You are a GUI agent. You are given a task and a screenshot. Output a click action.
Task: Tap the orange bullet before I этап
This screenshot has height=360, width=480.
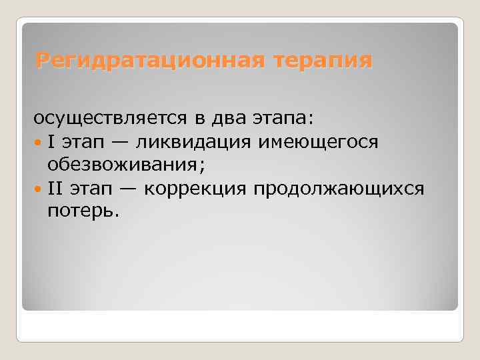point(39,142)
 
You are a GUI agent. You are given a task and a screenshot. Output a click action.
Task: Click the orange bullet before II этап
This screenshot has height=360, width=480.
point(39,189)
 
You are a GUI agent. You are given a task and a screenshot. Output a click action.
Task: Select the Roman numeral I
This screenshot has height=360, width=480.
point(51,141)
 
